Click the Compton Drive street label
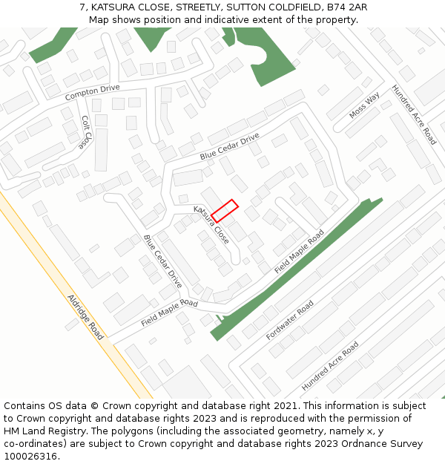[92, 93]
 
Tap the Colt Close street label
[87, 131]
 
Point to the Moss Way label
[364, 105]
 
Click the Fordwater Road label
[290, 320]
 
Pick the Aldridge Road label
[85, 317]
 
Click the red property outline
[224, 210]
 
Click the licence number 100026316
[31, 457]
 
